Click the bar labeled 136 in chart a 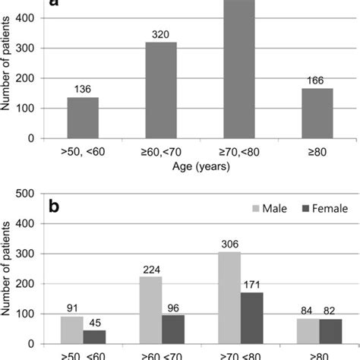click(x=83, y=118)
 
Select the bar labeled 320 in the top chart click(x=161, y=90)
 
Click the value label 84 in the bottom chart click(x=305, y=310)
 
